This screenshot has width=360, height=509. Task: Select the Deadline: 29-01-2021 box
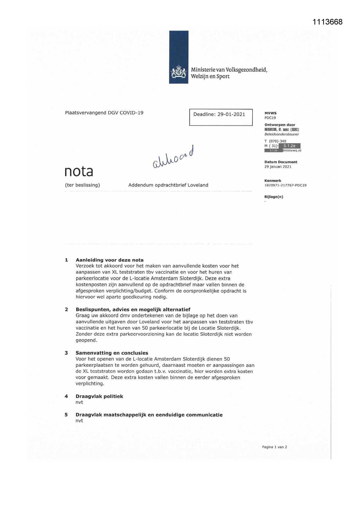221,117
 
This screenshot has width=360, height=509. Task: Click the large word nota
79,171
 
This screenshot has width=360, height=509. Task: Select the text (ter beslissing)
82,185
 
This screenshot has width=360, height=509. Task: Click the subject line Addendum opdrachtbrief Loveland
168,185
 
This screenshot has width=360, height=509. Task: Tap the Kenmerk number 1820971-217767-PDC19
285,185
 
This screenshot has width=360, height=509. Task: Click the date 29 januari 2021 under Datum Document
278,167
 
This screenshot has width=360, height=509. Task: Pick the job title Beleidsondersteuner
281,134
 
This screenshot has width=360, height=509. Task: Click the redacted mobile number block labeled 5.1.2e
289,146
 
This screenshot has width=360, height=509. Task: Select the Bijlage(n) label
274,197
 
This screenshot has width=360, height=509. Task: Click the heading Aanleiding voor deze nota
110,260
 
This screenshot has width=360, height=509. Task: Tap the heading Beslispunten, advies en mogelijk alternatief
133,309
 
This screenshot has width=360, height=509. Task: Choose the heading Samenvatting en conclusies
112,353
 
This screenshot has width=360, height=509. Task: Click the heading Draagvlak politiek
99,396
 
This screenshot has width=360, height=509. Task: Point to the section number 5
66,415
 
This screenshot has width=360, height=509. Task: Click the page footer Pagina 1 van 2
274,447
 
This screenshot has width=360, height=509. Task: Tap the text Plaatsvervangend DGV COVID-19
104,113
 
